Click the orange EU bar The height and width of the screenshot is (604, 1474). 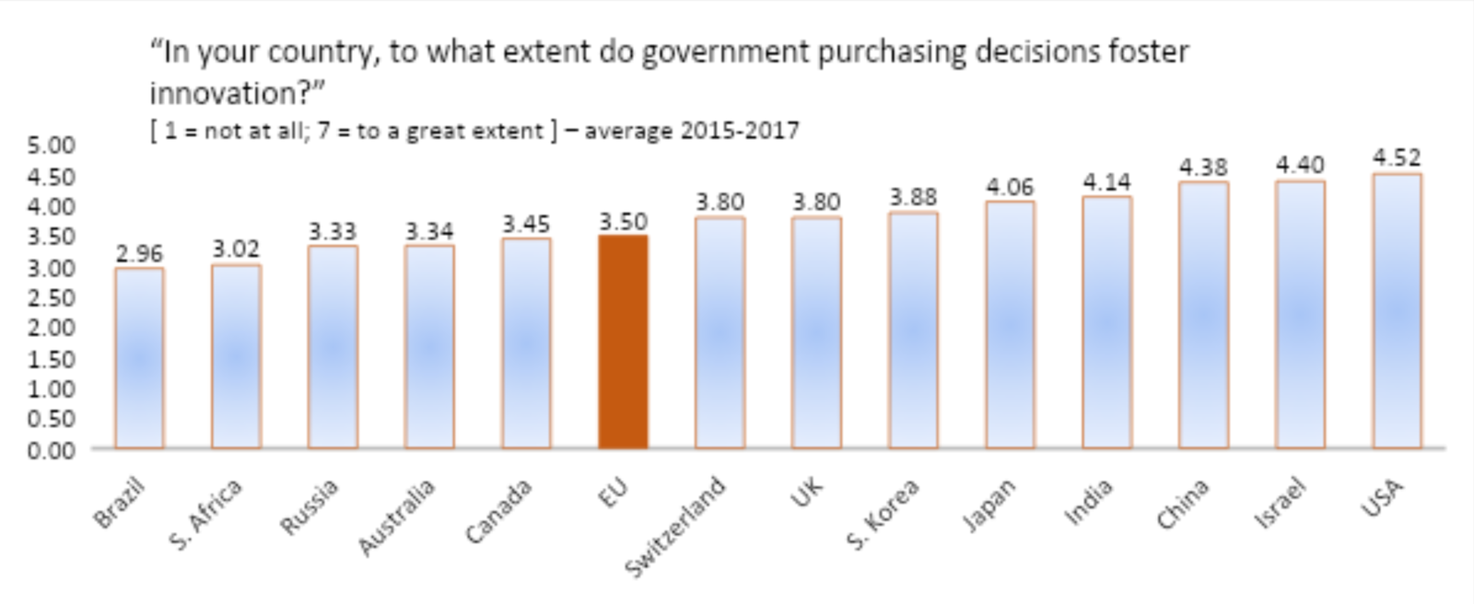click(623, 342)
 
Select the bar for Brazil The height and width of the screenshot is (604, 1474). click(139, 358)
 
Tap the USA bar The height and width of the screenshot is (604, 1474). click(1397, 310)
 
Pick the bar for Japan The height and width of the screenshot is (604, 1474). click(1010, 324)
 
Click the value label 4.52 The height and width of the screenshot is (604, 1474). click(1397, 157)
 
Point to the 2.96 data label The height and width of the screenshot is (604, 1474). click(139, 253)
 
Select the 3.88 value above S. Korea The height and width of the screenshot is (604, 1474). click(913, 197)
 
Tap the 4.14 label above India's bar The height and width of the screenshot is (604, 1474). click(1106, 181)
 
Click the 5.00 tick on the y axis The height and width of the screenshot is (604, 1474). click(51, 145)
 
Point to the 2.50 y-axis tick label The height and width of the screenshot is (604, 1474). click(51, 297)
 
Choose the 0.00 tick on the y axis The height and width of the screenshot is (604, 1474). click(51, 450)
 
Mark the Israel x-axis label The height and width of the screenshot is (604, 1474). click(1281, 503)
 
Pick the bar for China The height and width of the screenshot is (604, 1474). click(1203, 315)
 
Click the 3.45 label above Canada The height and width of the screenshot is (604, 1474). click(526, 224)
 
